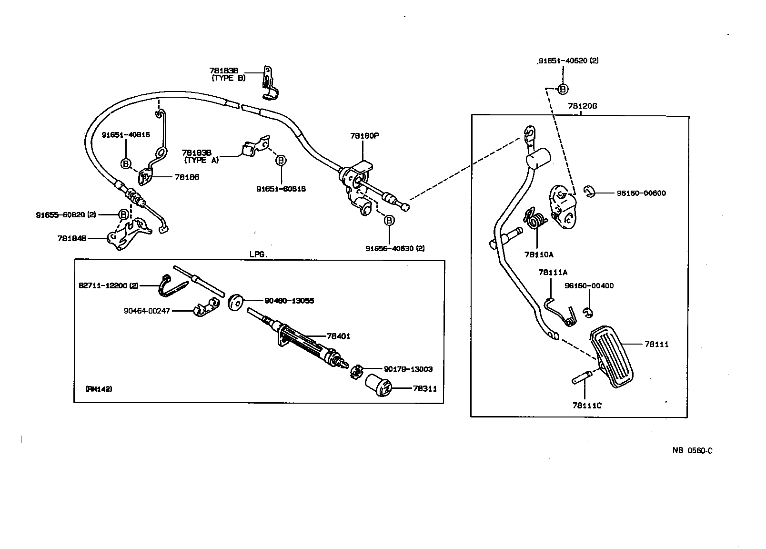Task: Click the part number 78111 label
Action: pyautogui.click(x=656, y=344)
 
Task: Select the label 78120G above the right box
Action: pyautogui.click(x=582, y=106)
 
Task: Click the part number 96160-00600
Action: pyautogui.click(x=641, y=193)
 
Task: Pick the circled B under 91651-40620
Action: pyautogui.click(x=563, y=89)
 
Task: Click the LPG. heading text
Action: pyautogui.click(x=259, y=254)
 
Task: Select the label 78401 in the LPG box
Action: pyautogui.click(x=338, y=336)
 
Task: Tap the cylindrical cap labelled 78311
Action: pyautogui.click(x=378, y=385)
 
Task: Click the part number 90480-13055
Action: pyautogui.click(x=289, y=301)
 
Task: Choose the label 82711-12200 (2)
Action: pyautogui.click(x=109, y=285)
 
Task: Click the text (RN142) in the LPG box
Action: pyautogui.click(x=99, y=389)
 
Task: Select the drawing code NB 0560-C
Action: pyautogui.click(x=692, y=450)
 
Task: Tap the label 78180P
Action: pyautogui.click(x=364, y=136)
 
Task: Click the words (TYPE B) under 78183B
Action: pyautogui.click(x=229, y=78)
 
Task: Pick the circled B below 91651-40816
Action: pyautogui.click(x=126, y=164)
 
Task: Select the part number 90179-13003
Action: pyautogui.click(x=408, y=369)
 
